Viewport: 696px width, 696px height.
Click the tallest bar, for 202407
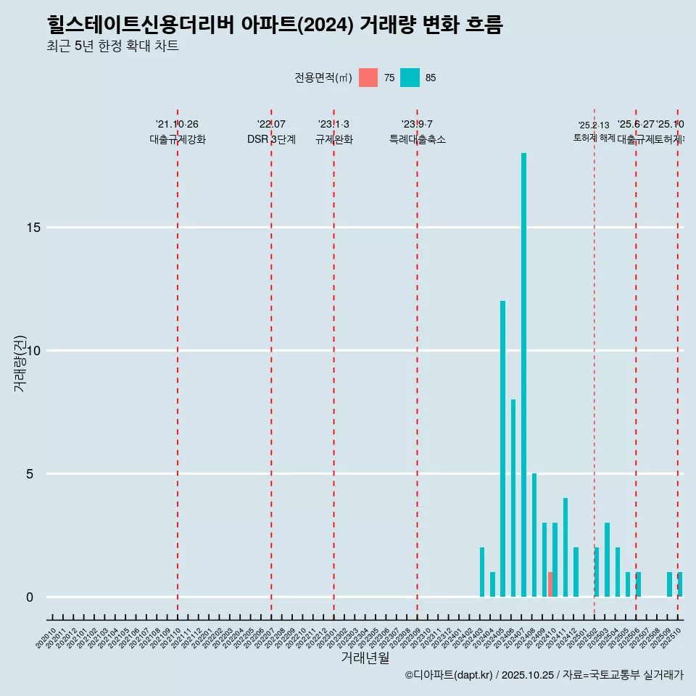pos(523,375)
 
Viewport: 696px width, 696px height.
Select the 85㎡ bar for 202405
pos(502,449)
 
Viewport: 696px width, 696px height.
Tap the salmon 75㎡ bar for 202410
pos(550,584)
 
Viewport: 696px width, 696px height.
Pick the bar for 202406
pos(513,498)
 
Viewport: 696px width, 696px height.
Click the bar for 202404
pos(492,584)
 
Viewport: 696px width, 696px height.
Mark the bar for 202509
pos(669,584)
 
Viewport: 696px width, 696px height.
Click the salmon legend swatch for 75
pos(368,78)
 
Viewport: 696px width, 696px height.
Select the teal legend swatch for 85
pos(410,78)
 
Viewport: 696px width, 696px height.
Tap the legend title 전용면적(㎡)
pos(323,78)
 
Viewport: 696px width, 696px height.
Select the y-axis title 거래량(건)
pos(20,363)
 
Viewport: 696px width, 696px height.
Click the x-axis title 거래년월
pos(365,658)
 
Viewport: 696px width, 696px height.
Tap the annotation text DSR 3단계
pos(271,140)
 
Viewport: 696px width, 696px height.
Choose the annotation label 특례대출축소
pos(417,140)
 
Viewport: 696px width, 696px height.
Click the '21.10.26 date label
pos(177,125)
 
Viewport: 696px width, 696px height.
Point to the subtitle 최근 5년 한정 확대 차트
pos(112,46)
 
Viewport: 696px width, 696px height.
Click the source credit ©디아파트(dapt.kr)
pos(449,675)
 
